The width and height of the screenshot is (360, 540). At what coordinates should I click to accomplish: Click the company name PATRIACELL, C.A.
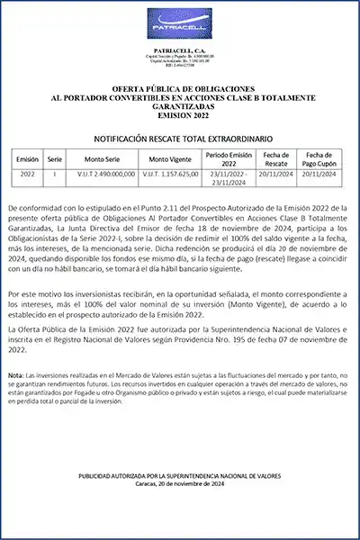click(x=180, y=51)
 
